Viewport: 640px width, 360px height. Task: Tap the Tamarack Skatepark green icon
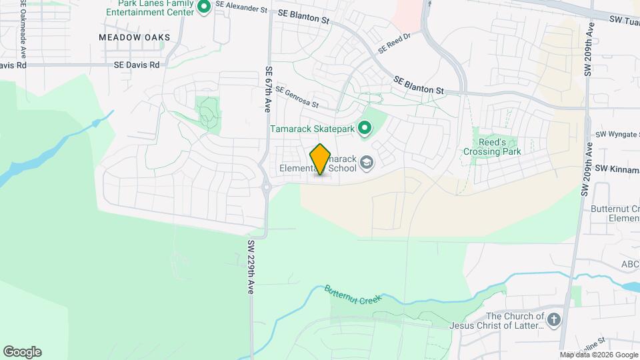(x=365, y=127)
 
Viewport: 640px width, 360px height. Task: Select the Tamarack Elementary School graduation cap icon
(x=366, y=162)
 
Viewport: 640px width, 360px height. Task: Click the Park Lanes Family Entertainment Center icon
(x=205, y=7)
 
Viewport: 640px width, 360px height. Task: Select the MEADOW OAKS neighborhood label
(x=134, y=37)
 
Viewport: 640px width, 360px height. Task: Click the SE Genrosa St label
(x=297, y=97)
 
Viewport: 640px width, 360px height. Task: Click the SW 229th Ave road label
(x=251, y=267)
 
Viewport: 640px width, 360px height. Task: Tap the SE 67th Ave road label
(x=267, y=88)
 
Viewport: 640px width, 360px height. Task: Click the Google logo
(x=22, y=352)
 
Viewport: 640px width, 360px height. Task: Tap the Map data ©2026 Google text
(x=599, y=355)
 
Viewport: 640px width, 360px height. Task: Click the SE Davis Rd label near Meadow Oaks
(x=137, y=65)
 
